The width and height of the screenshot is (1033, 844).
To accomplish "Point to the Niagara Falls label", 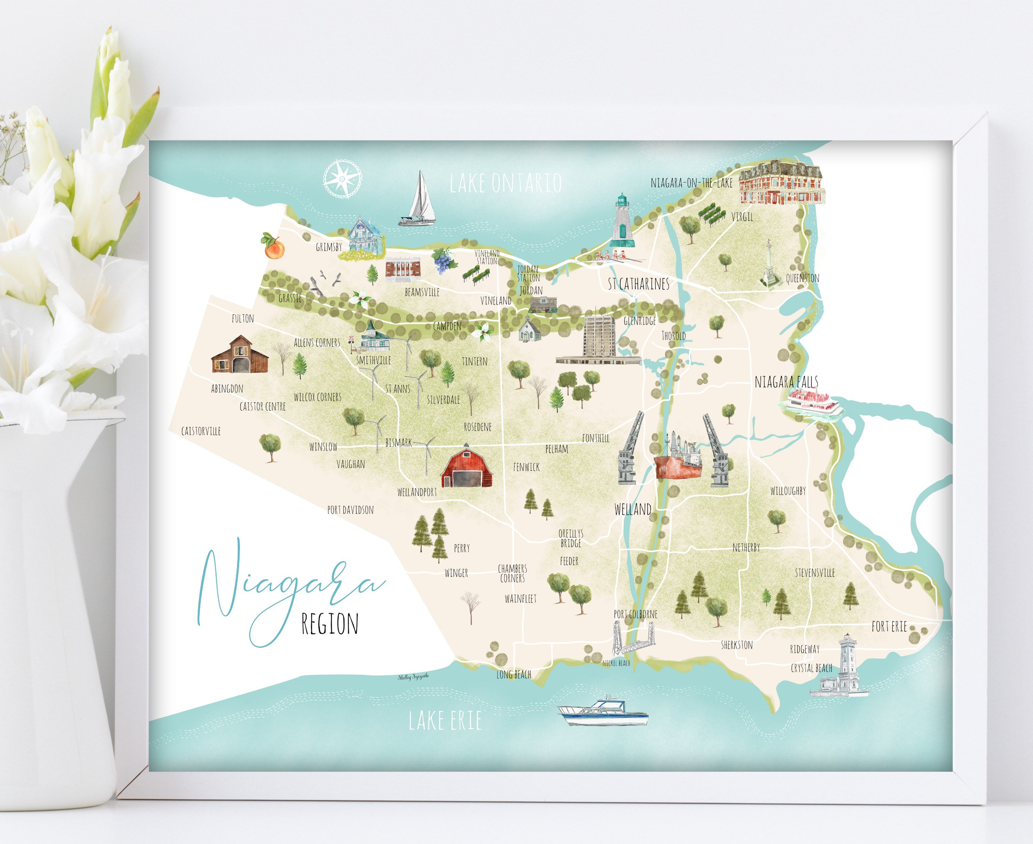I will pyautogui.click(x=786, y=382).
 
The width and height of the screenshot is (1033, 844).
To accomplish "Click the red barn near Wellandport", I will pyautogui.click(x=467, y=467).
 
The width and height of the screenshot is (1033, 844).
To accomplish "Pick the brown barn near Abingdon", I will pyautogui.click(x=240, y=355).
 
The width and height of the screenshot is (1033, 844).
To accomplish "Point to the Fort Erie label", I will pyautogui.click(x=889, y=627).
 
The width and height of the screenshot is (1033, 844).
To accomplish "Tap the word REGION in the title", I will pyautogui.click(x=330, y=624).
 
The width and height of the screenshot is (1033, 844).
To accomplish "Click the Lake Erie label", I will pyautogui.click(x=445, y=720).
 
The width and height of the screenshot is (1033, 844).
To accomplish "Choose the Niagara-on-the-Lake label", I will pyautogui.click(x=691, y=183).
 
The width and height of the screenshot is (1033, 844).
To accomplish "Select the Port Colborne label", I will pyautogui.click(x=635, y=614).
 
